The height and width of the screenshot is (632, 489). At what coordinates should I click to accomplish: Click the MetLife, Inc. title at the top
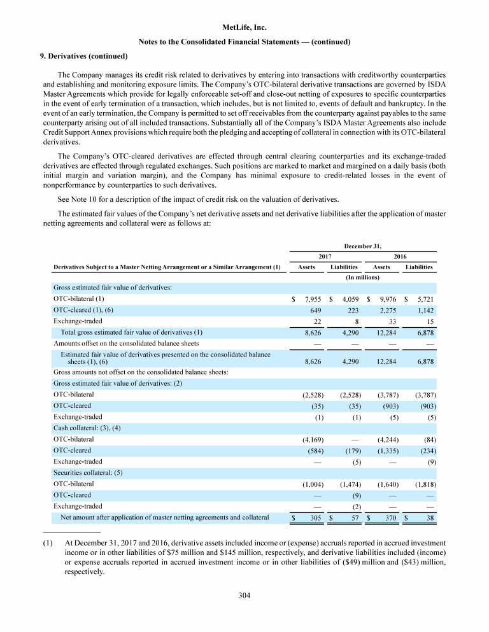pos(244,28)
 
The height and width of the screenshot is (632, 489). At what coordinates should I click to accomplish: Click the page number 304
pos(244,596)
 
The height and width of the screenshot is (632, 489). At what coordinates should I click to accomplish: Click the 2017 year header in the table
pos(325,256)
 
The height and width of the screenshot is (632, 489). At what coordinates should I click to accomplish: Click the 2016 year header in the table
pos(400,256)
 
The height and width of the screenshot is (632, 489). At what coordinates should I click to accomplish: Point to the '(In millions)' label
pos(362,277)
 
